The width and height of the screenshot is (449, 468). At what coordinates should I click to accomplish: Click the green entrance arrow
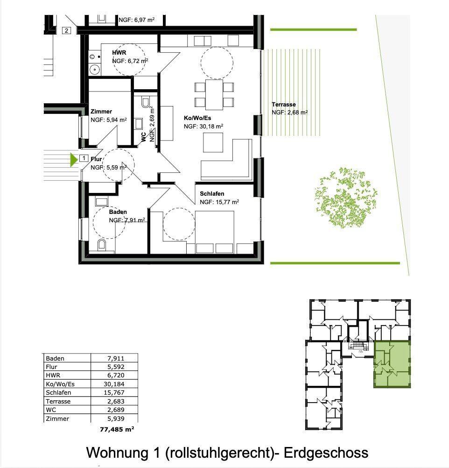(x=73, y=160)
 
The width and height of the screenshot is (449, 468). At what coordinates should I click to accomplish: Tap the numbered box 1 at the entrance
(x=84, y=158)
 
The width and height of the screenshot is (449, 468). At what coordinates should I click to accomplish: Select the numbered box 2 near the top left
(x=66, y=30)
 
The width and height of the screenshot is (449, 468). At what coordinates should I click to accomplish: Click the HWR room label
(x=119, y=52)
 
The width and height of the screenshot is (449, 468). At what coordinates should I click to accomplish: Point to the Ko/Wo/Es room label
(x=197, y=118)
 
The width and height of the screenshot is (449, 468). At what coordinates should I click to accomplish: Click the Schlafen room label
(x=212, y=194)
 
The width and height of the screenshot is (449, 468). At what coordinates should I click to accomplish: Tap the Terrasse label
(x=284, y=105)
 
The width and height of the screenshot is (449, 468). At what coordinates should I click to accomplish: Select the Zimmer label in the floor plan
(x=101, y=111)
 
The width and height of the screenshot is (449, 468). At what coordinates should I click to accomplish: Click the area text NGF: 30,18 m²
(x=203, y=126)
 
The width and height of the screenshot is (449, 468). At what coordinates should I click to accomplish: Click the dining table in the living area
(x=214, y=95)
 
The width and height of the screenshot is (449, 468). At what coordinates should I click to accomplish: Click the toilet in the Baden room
(x=101, y=244)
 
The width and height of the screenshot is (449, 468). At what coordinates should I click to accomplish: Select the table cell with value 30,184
(x=114, y=384)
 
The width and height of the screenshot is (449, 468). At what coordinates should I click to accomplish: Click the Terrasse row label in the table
(x=58, y=401)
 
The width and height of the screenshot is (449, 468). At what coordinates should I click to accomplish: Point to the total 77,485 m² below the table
(x=117, y=430)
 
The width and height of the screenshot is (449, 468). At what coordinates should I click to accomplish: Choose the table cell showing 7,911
(x=114, y=358)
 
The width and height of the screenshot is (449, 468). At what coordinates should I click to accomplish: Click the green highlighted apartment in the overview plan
(x=392, y=364)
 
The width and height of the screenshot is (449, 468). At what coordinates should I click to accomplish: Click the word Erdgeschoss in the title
(x=326, y=453)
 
